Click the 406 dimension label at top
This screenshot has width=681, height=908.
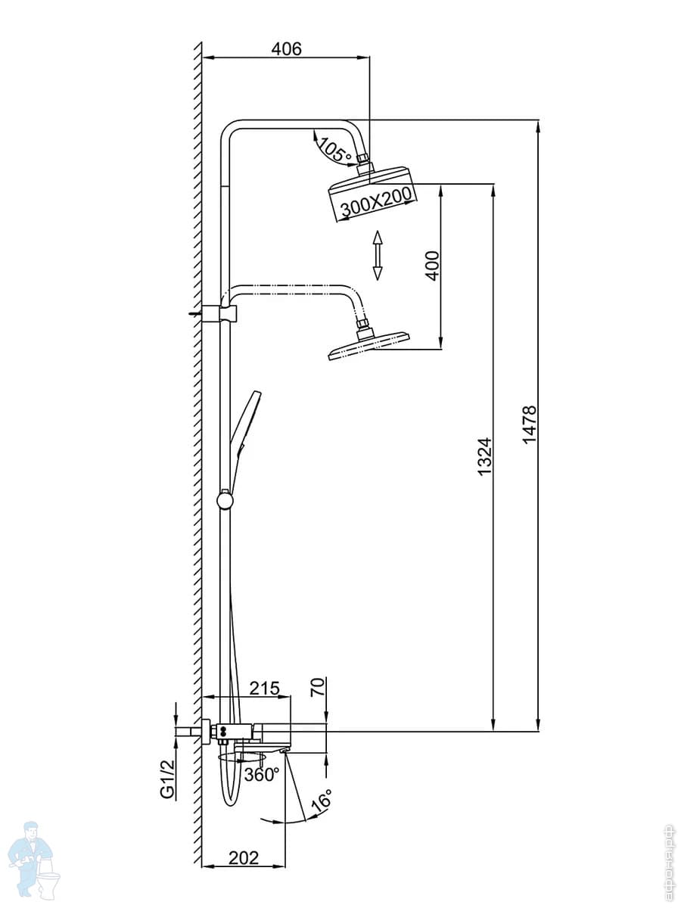pos(287,49)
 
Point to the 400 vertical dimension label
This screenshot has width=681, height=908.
pos(433,266)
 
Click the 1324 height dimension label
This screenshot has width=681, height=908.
pos(484,456)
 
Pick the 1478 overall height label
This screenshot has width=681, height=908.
pos(529,424)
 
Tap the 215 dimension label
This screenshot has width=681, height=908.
pos(265,688)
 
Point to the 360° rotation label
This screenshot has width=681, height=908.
pos(262,774)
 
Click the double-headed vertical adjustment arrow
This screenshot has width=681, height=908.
pos(377,255)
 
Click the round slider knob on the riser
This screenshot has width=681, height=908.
pos(225,501)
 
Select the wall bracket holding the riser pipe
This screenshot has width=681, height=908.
pos(219,313)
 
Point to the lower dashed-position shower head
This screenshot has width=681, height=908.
pos(368,344)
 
